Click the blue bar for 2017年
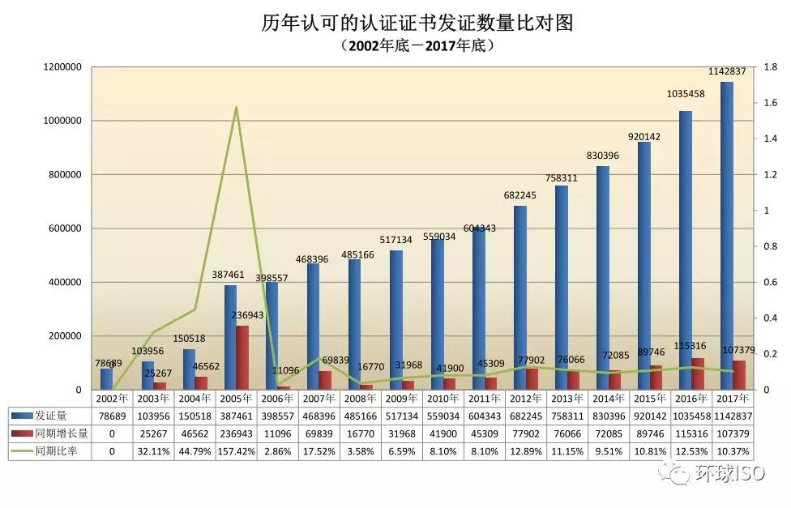point(727,235)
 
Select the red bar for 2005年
point(242,357)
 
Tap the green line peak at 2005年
point(236,107)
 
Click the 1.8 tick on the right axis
point(771,67)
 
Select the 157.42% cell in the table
point(236,451)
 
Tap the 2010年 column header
point(443,398)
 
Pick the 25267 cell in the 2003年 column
point(153,433)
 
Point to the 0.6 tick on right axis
point(771,282)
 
